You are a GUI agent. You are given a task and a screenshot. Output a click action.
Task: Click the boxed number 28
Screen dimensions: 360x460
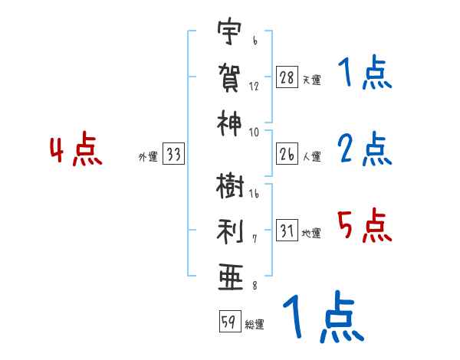pos(286,77)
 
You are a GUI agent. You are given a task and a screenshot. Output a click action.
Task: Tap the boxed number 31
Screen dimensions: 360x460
pos(286,231)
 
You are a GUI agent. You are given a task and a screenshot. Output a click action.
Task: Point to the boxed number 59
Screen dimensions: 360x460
pos(228,322)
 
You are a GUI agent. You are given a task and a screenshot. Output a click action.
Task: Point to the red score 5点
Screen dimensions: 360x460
pos(365,224)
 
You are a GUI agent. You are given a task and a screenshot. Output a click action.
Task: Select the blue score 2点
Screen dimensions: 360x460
pos(365,149)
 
